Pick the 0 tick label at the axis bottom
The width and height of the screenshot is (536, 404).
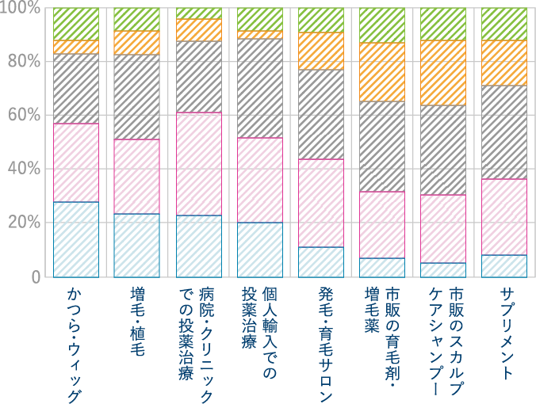(x=36, y=276)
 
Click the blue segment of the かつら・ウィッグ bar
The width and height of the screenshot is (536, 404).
(x=76, y=239)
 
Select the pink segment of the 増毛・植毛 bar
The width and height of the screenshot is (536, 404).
(x=137, y=177)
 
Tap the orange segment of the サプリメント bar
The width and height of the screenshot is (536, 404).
(x=504, y=63)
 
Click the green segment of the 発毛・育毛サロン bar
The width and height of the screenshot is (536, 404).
(x=321, y=20)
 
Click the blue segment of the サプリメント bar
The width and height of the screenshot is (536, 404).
(x=504, y=266)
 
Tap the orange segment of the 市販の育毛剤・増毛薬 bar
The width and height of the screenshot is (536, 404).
(x=382, y=72)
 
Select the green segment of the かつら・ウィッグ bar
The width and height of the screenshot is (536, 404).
(x=76, y=24)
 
